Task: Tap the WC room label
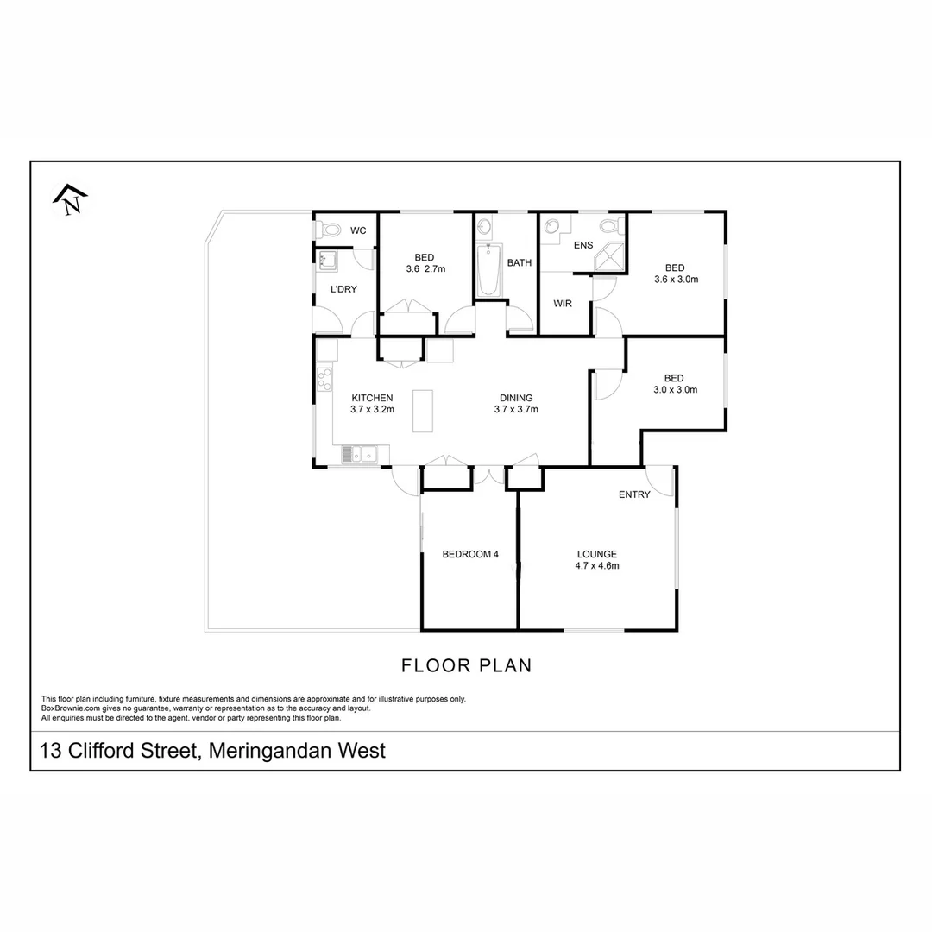click(x=358, y=230)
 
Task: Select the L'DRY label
click(x=343, y=288)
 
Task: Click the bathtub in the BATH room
click(x=488, y=269)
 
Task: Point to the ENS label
click(x=584, y=245)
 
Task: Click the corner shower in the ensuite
click(x=612, y=256)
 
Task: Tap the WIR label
click(x=564, y=304)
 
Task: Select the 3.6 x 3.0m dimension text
click(x=676, y=279)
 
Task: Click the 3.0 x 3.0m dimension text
click(x=674, y=389)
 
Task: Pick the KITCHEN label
click(x=372, y=398)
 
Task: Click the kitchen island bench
click(x=423, y=411)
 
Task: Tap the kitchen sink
click(x=360, y=453)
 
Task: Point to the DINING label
click(x=516, y=398)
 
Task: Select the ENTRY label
click(x=634, y=494)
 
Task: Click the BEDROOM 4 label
click(x=470, y=554)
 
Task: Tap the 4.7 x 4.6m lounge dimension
click(x=597, y=566)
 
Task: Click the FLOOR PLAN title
click(x=466, y=665)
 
